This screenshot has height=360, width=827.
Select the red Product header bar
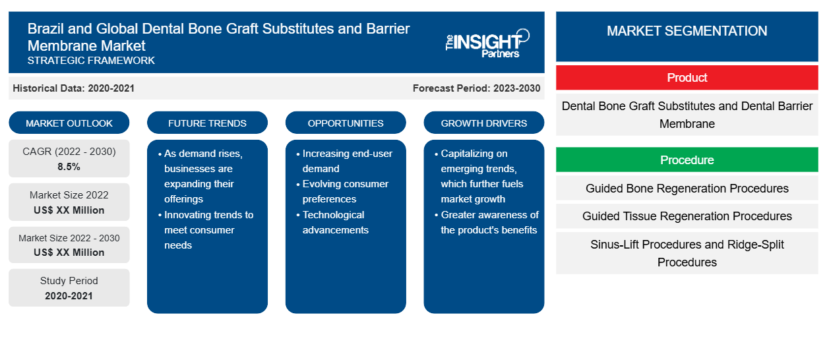pyautogui.click(x=687, y=78)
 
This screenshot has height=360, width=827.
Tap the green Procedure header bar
pyautogui.click(x=687, y=160)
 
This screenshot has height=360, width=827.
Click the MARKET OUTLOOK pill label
pyautogui.click(x=69, y=123)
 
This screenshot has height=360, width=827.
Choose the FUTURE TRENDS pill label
pyautogui.click(x=207, y=123)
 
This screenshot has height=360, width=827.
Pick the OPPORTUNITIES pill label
pyautogui.click(x=346, y=123)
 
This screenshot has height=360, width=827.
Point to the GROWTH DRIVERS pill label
pyautogui.click(x=483, y=123)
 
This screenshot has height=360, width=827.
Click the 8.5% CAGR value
pyautogui.click(x=69, y=167)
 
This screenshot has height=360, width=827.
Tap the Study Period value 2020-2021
pyautogui.click(x=69, y=296)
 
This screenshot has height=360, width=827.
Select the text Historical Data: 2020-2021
pyautogui.click(x=73, y=88)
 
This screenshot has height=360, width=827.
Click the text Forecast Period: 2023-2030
pyautogui.click(x=476, y=88)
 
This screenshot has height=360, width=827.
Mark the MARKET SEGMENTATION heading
pyautogui.click(x=687, y=31)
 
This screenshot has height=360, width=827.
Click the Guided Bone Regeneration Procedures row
pyautogui.click(x=687, y=189)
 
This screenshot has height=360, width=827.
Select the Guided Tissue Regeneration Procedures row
pyautogui.click(x=687, y=216)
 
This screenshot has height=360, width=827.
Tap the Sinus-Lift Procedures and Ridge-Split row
pyautogui.click(x=687, y=253)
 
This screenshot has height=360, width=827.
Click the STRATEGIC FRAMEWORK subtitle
pyautogui.click(x=91, y=61)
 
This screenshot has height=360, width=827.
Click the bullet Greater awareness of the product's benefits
pyautogui.click(x=487, y=222)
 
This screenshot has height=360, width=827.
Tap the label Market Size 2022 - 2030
pyautogui.click(x=69, y=238)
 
